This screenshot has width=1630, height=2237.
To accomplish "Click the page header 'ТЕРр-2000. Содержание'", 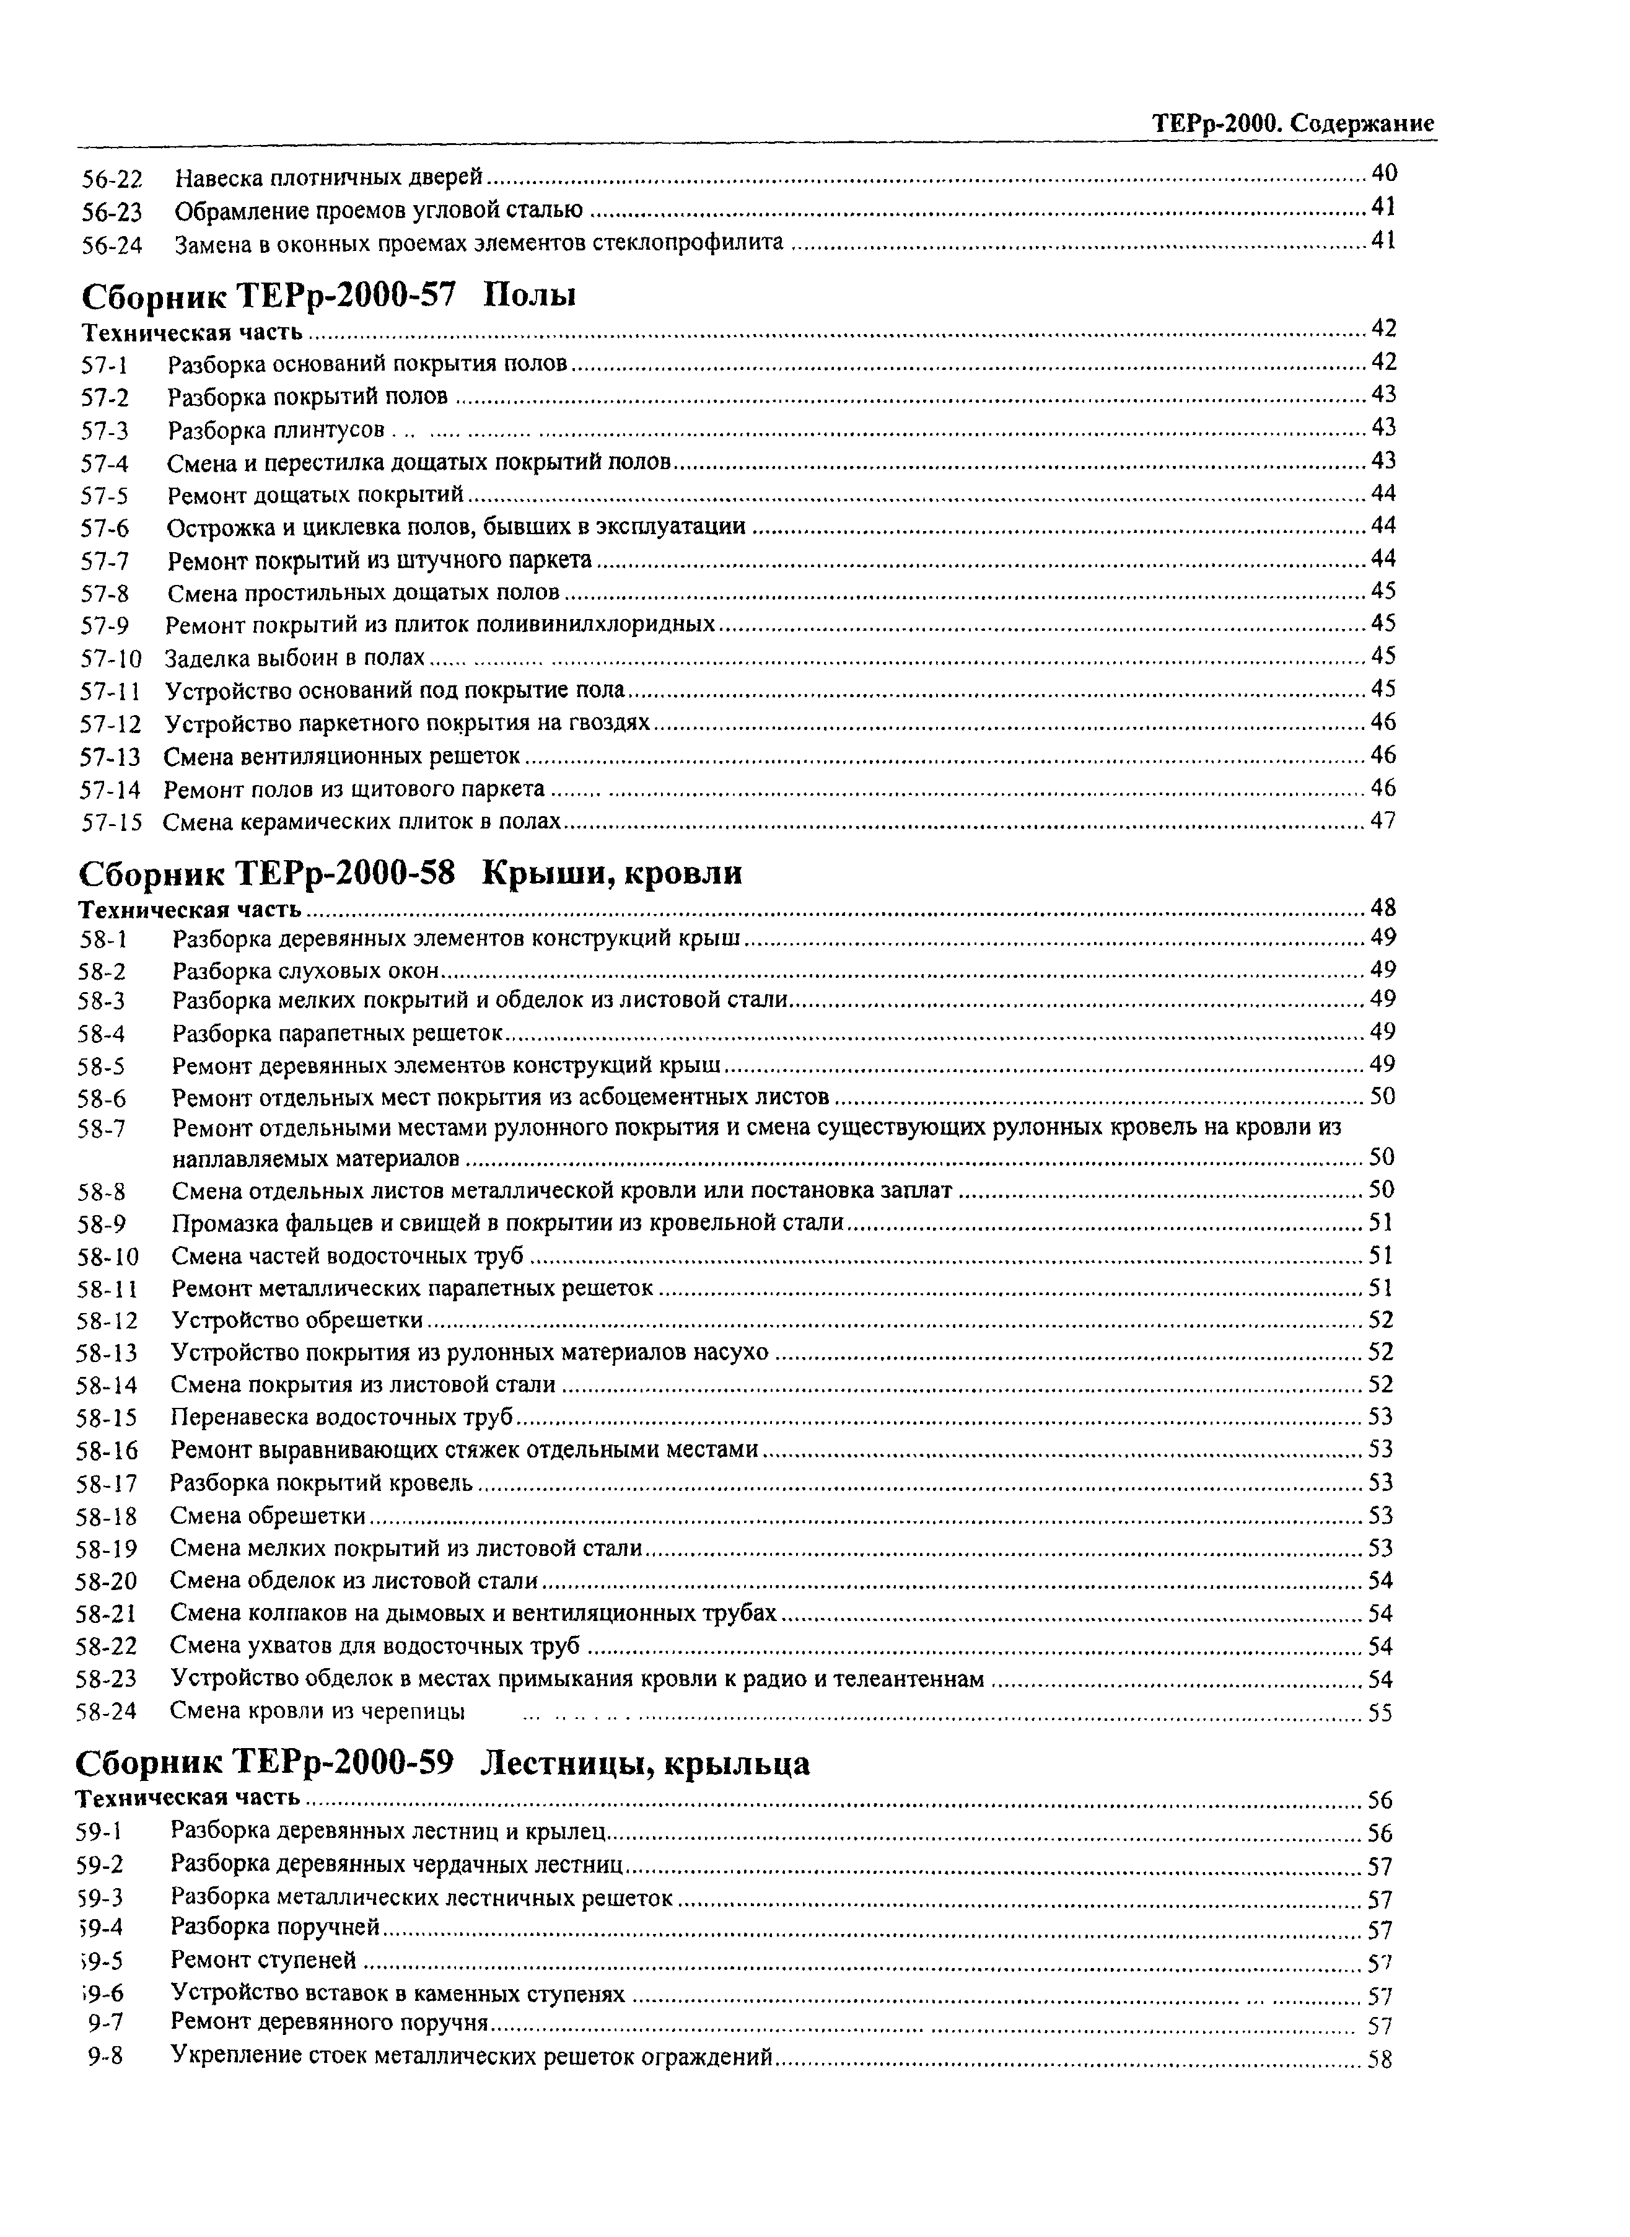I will click(x=1292, y=125).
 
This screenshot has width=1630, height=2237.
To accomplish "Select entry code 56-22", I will click(x=112, y=180).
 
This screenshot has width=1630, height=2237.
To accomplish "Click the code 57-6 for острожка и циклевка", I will click(x=105, y=528).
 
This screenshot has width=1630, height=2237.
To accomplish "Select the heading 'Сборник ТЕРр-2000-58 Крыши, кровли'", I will click(x=410, y=873).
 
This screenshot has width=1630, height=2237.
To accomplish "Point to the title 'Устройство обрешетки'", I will click(x=297, y=1321).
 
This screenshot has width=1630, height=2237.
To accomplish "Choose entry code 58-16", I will click(x=107, y=1451).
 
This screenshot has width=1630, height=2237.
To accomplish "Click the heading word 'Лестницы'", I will click(x=563, y=1762).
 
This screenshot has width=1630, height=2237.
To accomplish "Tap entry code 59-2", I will click(x=100, y=1865).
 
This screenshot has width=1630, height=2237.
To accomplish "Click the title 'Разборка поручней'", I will click(x=275, y=1927).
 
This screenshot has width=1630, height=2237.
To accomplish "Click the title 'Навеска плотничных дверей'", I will click(x=328, y=178).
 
